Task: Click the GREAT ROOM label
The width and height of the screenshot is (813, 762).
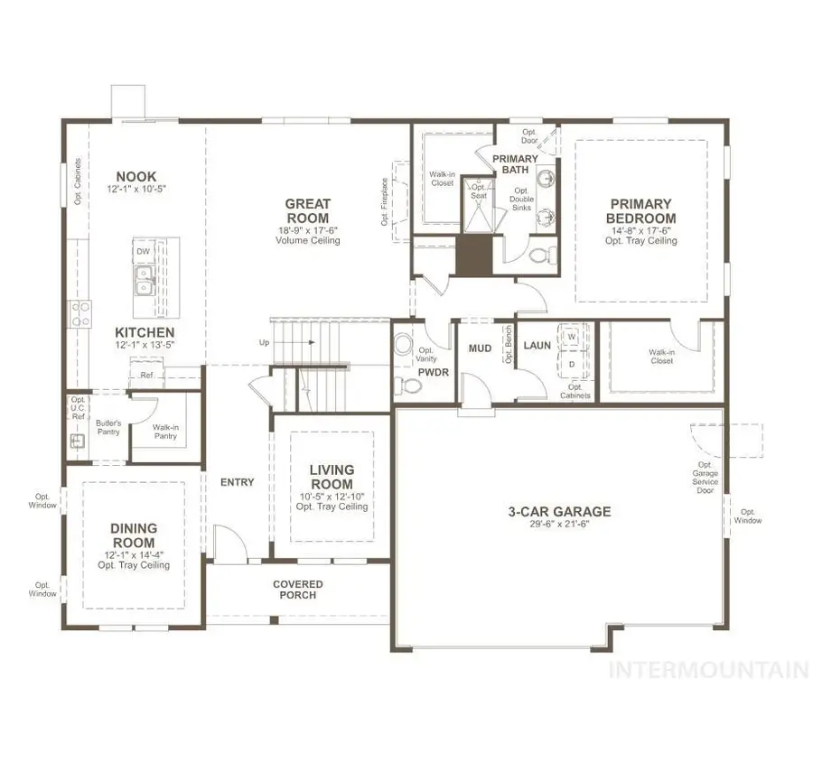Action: point(308,211)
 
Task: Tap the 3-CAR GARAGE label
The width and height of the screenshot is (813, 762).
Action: point(558,512)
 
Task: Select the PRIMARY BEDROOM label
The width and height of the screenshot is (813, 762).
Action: point(640,211)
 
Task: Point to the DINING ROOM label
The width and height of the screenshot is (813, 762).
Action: point(134,534)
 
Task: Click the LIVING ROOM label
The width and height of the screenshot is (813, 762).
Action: point(332,477)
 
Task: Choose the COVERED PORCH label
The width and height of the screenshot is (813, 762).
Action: point(298,590)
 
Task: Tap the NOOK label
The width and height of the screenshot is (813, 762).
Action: point(135,177)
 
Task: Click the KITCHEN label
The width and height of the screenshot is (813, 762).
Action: point(138,333)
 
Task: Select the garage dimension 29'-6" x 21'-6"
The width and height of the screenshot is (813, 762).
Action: point(558,525)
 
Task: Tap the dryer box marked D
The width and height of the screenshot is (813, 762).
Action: point(571,363)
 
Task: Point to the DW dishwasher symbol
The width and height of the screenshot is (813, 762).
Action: point(142,251)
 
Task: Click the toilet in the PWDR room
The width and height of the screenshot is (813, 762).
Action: point(412,386)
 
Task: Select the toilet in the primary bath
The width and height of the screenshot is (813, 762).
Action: point(539,256)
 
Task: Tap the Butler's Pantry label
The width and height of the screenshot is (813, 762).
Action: point(108,428)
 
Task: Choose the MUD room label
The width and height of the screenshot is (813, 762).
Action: point(479,348)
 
